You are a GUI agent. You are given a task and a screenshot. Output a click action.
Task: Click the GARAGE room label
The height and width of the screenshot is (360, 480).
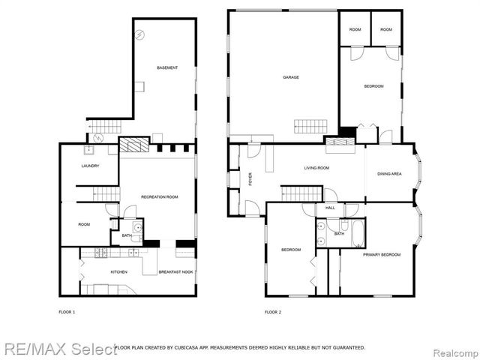coord(291,77)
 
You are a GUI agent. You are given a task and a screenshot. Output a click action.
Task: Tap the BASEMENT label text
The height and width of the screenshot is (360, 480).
coord(167,68)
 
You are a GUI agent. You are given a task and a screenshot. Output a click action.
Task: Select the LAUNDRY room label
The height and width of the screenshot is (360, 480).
coord(91,166)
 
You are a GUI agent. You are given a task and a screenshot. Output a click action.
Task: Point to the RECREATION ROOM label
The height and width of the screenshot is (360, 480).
coord(159,196)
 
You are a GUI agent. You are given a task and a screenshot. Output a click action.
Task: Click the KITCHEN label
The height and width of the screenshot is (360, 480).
coord(119,271)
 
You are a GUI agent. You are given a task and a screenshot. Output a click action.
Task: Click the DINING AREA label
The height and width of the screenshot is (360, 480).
coord(388,174)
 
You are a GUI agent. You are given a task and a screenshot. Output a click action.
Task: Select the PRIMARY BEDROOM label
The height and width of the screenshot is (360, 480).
coord(382,255)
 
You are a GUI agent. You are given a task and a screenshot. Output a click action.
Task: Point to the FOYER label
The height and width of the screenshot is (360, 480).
coord(250,179)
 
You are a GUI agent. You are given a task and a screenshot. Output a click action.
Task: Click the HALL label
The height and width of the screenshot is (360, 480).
coord(330,208)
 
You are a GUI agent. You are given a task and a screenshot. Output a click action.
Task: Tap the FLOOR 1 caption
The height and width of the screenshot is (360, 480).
coord(67,311)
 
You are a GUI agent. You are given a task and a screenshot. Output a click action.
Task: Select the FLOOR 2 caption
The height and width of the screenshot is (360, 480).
coord(273,311)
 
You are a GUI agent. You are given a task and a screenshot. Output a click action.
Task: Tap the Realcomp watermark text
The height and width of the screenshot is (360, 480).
coord(452,349)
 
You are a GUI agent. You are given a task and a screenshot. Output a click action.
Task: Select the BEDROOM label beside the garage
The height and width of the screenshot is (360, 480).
coord(373,87)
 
